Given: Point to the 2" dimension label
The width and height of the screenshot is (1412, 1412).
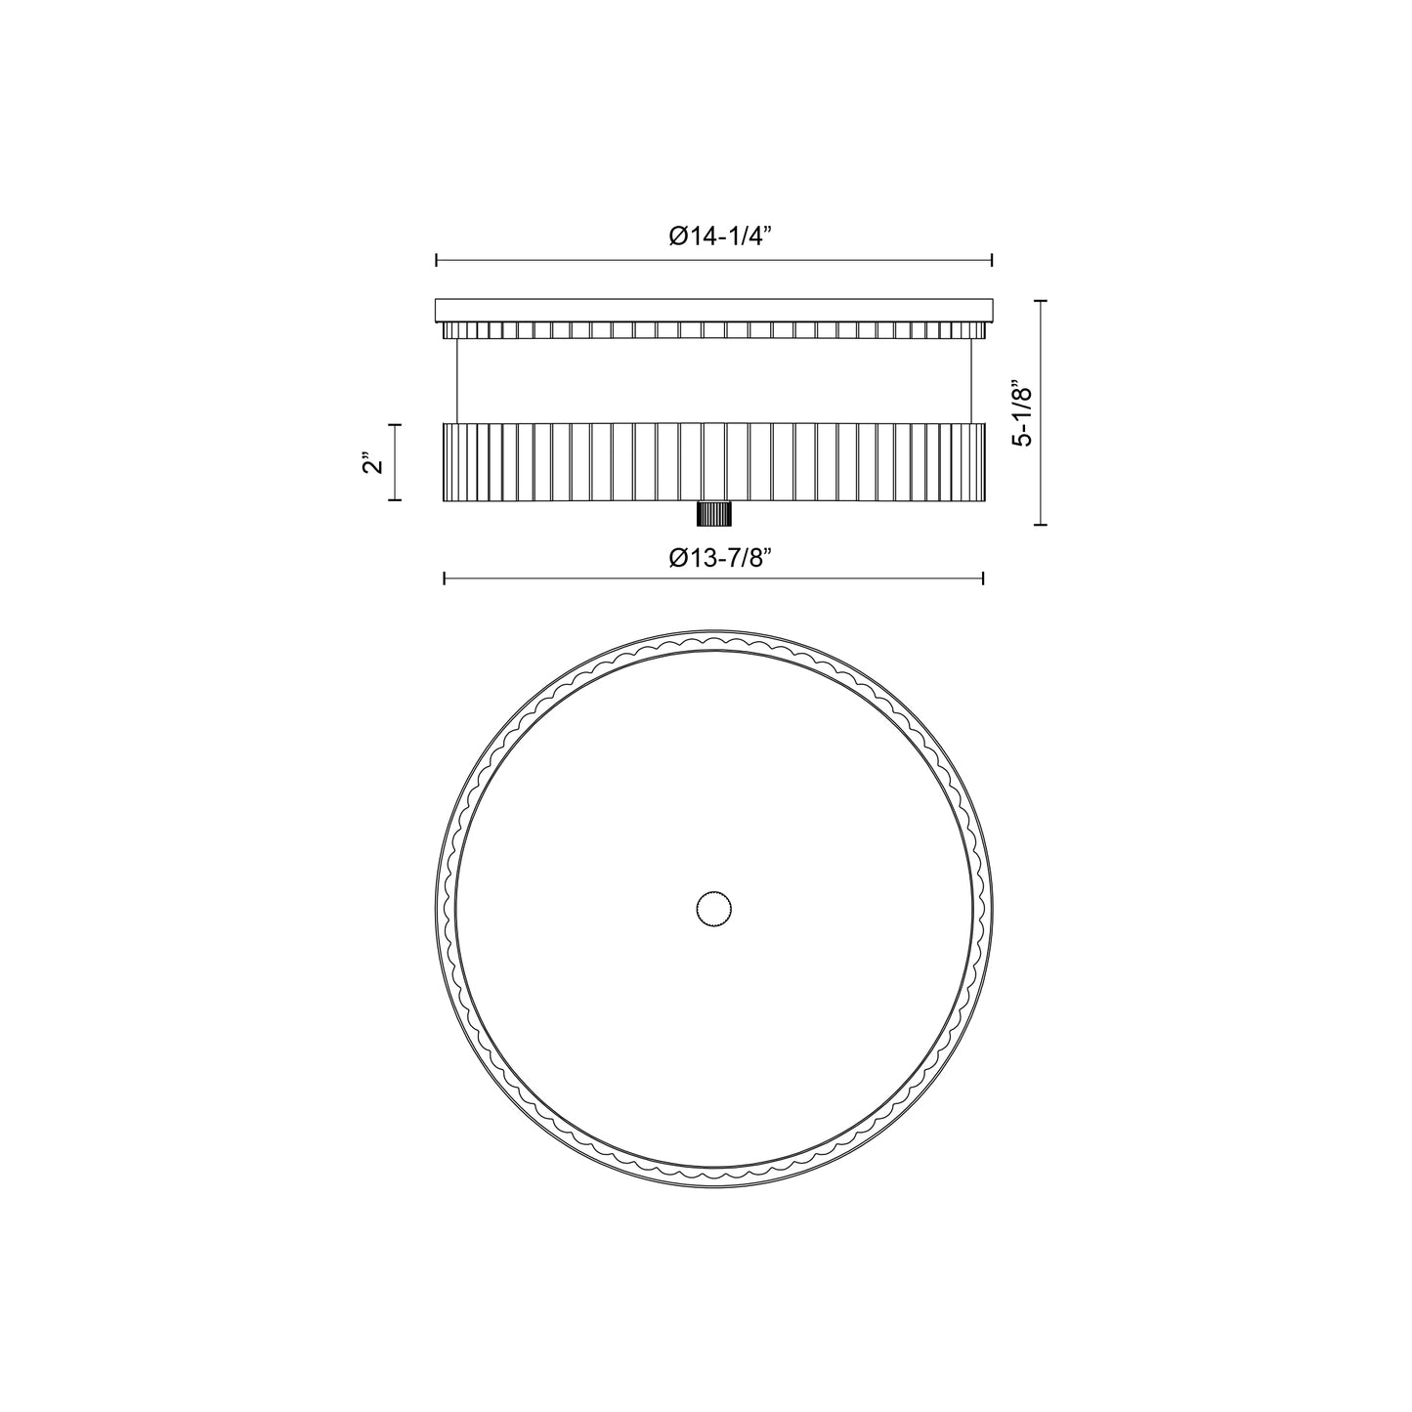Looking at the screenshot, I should pyautogui.click(x=370, y=462).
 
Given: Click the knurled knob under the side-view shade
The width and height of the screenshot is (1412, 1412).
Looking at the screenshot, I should pyautogui.click(x=713, y=514).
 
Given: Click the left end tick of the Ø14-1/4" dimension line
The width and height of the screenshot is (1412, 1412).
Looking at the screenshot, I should pyautogui.click(x=436, y=260).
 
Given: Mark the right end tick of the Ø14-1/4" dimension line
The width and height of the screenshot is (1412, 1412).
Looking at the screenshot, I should pyautogui.click(x=992, y=260).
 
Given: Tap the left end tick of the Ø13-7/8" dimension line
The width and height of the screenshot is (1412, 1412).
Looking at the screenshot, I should pyautogui.click(x=445, y=579).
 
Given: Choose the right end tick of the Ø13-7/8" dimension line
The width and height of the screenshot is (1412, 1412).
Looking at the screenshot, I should pyautogui.click(x=982, y=579).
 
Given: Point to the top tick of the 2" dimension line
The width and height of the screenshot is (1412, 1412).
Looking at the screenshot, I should pyautogui.click(x=395, y=425).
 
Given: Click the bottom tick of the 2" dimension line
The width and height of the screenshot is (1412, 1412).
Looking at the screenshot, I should pyautogui.click(x=395, y=499).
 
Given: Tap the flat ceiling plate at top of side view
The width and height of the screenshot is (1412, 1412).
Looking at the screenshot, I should pyautogui.click(x=713, y=309).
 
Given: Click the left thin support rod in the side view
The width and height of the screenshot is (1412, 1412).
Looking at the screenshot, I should pyautogui.click(x=457, y=381).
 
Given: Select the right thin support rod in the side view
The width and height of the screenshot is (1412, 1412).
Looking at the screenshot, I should pyautogui.click(x=970, y=381).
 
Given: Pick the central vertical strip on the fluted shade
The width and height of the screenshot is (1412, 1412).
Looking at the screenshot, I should pyautogui.click(x=713, y=461).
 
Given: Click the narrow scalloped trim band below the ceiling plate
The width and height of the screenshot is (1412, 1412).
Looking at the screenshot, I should pyautogui.click(x=713, y=329).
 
